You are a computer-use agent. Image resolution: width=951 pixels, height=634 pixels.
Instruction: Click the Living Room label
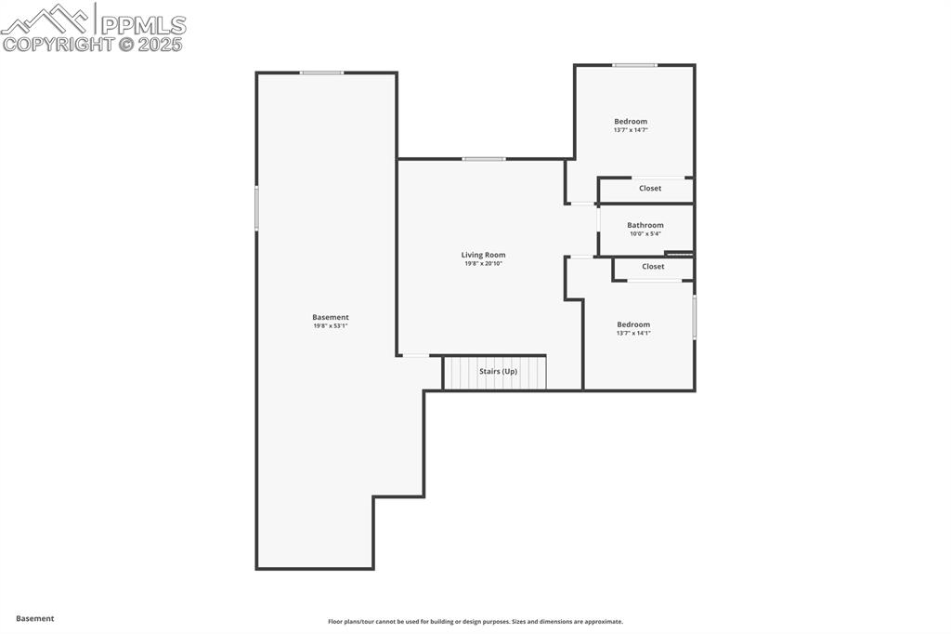pos(483,255)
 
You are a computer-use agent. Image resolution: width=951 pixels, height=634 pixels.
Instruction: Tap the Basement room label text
pos(331,317)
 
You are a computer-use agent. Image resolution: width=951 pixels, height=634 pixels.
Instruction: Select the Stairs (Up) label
pos(498,371)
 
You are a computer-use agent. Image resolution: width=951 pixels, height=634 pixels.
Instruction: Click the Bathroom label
pos(645,225)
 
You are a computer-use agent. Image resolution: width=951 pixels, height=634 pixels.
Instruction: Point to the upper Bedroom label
pos(631,121)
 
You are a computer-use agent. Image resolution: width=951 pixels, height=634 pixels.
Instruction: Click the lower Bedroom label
pos(633,324)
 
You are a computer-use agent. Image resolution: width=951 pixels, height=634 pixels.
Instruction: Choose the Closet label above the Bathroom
pos(650,188)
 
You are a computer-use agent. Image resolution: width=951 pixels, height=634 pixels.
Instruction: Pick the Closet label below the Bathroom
pos(653,266)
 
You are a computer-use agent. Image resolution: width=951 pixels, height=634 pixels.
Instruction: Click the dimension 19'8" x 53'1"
pos(331,326)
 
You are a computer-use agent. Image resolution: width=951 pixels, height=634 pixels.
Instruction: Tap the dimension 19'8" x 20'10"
pos(483,264)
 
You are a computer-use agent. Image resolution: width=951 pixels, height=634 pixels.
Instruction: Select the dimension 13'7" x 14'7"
pos(631,130)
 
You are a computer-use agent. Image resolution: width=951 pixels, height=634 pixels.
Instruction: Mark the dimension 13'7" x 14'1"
pos(633,333)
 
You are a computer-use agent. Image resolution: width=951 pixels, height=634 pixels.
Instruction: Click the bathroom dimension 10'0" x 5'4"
pos(645,234)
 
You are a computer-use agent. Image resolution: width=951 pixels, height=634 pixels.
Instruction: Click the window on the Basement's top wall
pos(321,73)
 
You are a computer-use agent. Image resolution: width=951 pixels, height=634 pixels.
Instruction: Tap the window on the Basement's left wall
pos(256,208)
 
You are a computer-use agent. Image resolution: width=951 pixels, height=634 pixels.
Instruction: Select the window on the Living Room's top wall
pos(484,159)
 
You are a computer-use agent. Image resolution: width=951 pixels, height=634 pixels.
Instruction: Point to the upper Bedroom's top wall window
pos(634,65)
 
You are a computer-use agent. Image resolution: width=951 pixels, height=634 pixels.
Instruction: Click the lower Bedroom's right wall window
pos(694,317)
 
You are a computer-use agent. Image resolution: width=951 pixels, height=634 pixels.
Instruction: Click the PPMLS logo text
pos(142,25)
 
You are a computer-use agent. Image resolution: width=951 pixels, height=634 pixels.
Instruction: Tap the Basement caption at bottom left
pos(35,618)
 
